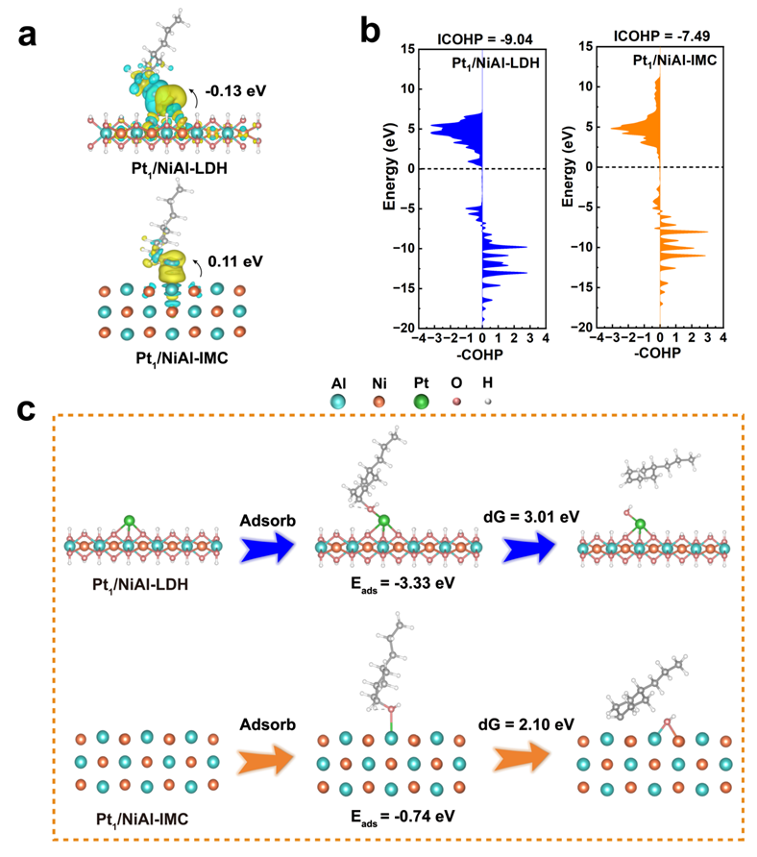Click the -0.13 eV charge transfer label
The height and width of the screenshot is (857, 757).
tap(235, 91)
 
